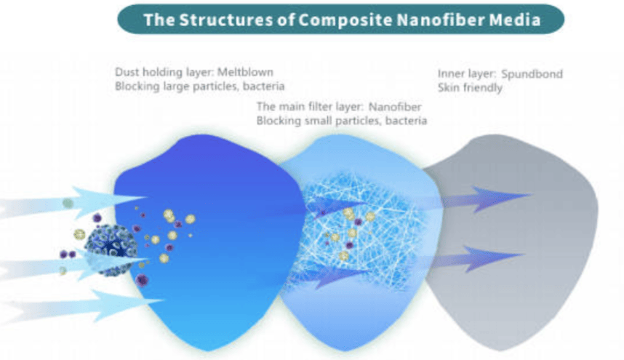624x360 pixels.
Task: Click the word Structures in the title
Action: coord(204,20)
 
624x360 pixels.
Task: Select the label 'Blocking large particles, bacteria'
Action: coord(199,85)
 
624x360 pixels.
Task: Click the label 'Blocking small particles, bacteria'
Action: coord(341,120)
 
